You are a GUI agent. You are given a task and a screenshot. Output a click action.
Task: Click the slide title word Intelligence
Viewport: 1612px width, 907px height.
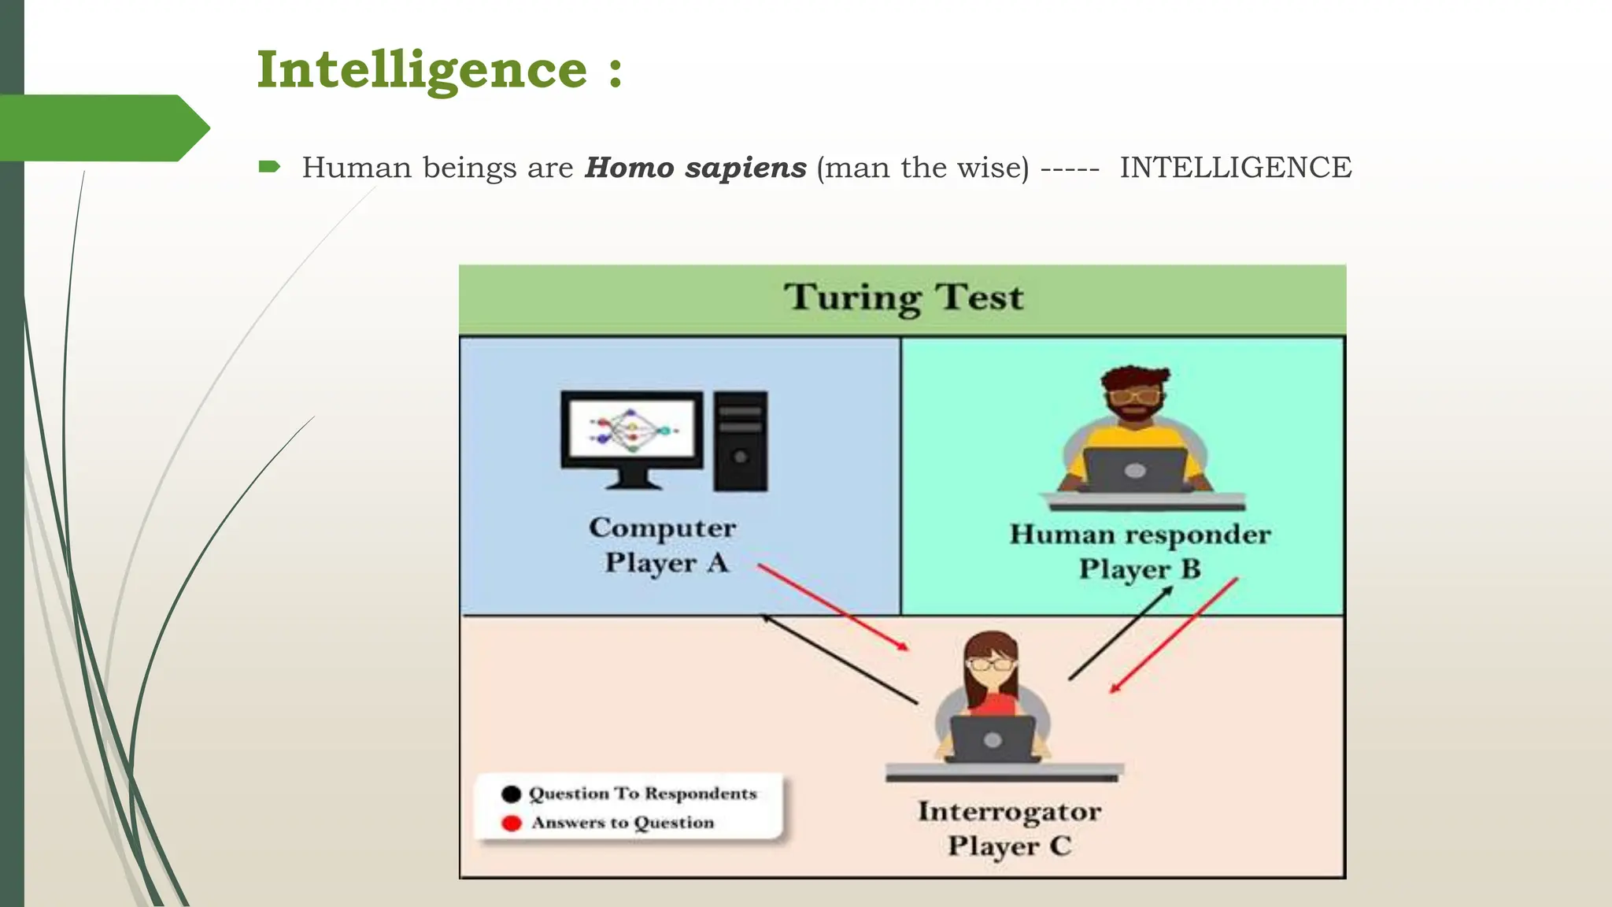click(x=422, y=70)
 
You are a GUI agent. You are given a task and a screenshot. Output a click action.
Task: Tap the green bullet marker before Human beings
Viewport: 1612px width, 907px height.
click(x=269, y=166)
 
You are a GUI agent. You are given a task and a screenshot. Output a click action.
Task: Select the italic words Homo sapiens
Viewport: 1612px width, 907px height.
click(x=695, y=168)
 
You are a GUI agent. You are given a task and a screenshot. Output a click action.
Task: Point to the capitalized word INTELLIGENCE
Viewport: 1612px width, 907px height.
click(x=1235, y=168)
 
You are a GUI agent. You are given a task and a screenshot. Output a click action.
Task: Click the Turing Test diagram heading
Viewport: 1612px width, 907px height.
click(x=903, y=298)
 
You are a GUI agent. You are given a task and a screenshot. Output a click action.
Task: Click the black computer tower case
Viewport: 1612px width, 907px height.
click(x=740, y=441)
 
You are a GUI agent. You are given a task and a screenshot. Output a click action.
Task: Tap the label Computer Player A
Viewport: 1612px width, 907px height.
click(x=663, y=545)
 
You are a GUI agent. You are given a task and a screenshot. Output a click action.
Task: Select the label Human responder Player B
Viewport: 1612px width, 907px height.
click(x=1139, y=551)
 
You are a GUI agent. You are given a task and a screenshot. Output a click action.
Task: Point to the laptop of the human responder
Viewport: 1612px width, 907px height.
click(x=1134, y=470)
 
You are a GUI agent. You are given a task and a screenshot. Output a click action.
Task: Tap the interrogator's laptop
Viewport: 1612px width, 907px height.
click(x=993, y=739)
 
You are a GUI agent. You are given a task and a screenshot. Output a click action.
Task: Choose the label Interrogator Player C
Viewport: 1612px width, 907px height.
click(x=1009, y=828)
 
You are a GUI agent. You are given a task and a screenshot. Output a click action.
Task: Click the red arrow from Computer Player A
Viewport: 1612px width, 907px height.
click(x=833, y=607)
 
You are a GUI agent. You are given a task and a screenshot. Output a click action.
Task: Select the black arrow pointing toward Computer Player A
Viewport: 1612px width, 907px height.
click(x=839, y=659)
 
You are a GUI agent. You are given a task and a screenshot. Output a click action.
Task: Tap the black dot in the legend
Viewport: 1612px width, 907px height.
click(x=511, y=794)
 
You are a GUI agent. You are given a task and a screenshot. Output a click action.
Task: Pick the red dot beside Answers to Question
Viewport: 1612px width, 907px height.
click(x=511, y=824)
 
